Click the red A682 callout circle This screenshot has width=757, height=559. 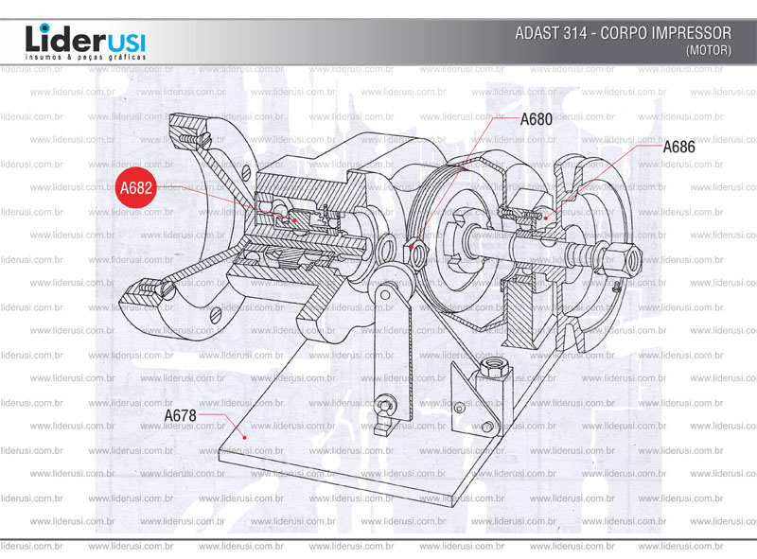click(135, 188)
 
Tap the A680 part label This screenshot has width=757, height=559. click(536, 120)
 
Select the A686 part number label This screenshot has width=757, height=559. click(678, 148)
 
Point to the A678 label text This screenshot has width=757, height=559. click(180, 415)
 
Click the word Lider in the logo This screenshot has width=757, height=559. click(58, 40)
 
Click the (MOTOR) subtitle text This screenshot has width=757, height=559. click(708, 50)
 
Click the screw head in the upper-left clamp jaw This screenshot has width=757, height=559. click(196, 138)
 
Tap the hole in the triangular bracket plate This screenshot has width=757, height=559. click(461, 408)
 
